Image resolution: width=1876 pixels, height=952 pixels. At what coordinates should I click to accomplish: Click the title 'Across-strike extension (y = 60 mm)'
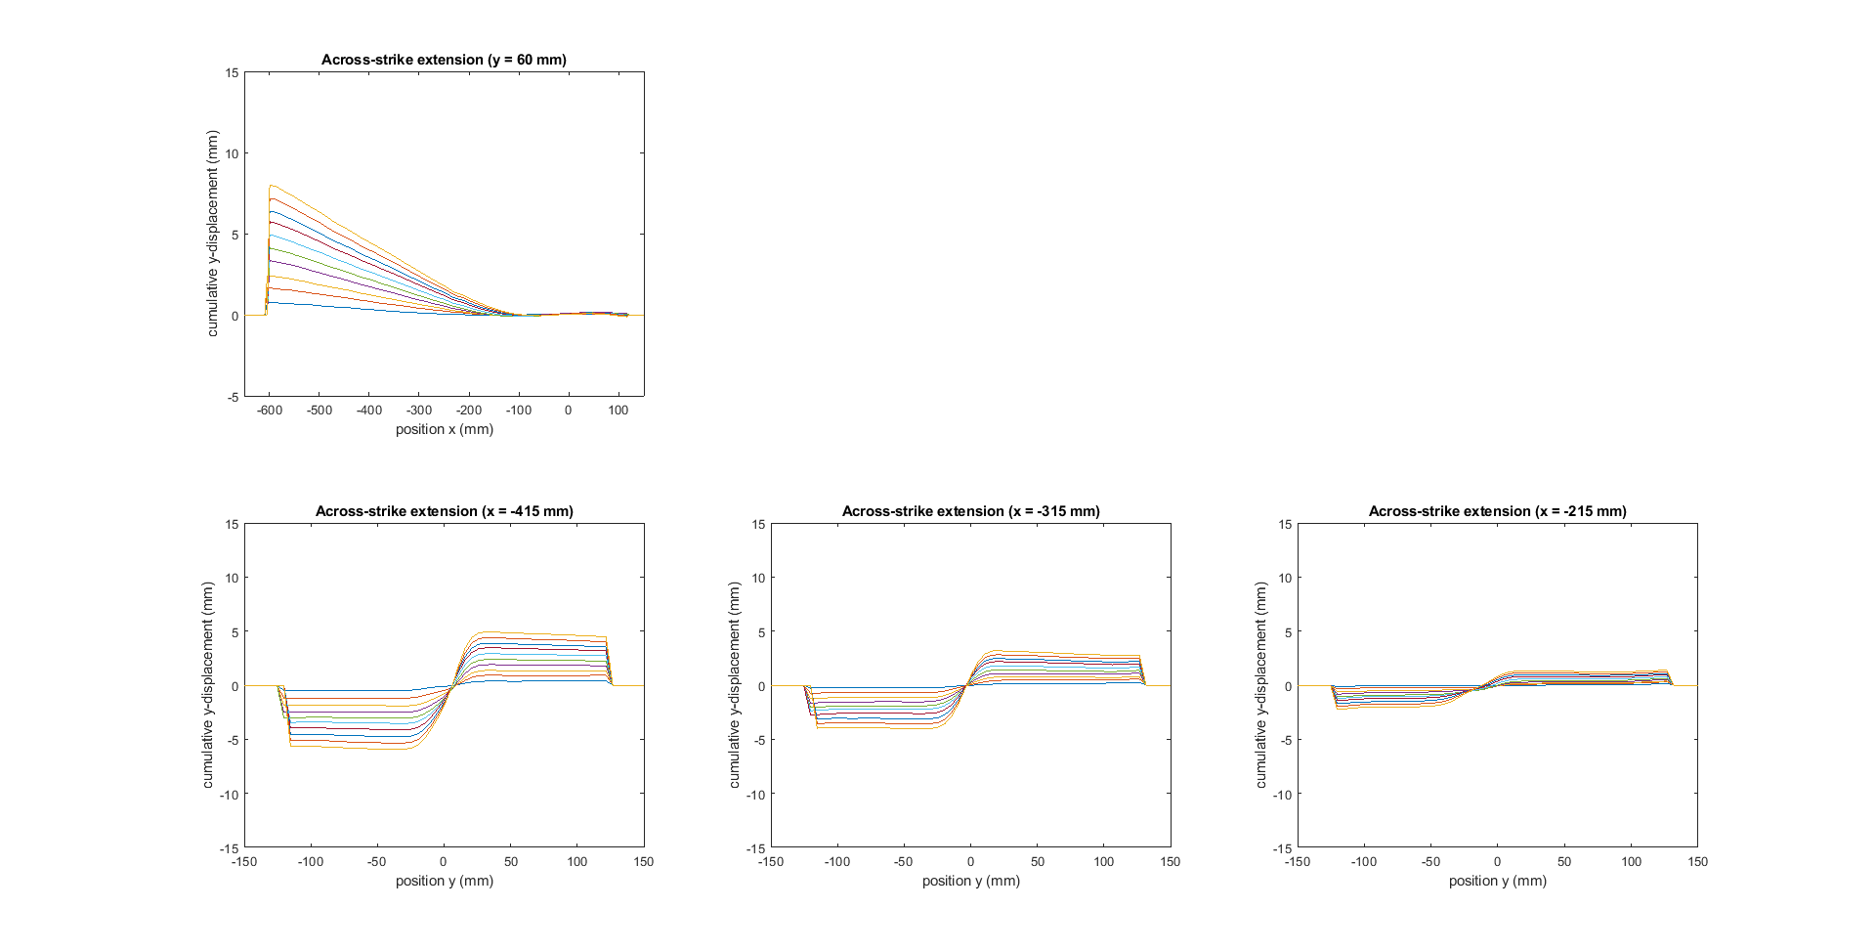444,60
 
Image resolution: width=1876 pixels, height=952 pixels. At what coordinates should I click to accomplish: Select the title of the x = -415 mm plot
444,511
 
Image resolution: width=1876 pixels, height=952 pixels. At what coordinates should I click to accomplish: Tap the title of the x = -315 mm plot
970,511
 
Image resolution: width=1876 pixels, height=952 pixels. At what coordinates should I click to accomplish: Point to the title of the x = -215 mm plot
1497,511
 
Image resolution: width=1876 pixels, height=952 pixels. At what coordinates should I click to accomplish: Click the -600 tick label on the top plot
270,411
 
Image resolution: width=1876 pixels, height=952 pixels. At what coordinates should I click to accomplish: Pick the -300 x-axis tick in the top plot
419,411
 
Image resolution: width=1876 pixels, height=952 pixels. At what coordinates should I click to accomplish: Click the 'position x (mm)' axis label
444,429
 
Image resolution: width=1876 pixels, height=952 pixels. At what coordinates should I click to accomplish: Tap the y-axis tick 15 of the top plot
232,72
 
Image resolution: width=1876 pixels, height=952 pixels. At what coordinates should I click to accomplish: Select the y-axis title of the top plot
212,234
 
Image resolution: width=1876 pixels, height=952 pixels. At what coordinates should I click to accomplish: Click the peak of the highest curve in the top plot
271,186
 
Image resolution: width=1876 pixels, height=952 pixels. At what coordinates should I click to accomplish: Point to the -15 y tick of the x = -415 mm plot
230,848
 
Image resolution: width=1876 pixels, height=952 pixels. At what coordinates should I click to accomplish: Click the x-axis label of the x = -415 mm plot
444,881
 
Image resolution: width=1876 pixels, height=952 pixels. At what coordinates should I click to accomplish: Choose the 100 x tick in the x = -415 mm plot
577,862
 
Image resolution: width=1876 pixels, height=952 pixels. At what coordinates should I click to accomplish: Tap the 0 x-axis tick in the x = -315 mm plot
970,862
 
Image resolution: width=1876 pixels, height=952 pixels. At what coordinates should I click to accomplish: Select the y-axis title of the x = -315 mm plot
735,685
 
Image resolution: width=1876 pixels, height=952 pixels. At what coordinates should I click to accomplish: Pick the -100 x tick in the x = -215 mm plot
1363,862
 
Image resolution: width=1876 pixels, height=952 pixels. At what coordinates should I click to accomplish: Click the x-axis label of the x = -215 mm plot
1497,881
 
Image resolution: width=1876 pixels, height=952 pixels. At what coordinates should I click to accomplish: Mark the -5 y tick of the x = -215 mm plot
1285,740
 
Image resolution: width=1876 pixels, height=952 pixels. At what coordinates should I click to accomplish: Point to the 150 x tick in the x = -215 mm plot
1697,862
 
